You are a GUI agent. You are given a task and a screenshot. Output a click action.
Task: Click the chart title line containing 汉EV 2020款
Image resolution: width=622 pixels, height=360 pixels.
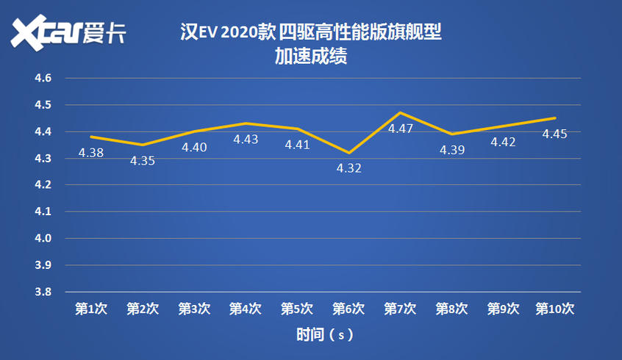pos(310,33)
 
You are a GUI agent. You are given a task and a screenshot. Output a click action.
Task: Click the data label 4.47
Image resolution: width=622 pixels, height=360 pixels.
pos(400,129)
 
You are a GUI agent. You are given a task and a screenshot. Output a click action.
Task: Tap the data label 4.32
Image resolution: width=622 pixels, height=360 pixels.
pos(348,168)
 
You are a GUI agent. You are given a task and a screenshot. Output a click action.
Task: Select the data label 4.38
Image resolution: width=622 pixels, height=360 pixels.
pos(91,153)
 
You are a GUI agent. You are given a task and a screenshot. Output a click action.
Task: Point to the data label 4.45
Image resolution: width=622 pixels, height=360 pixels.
pos(554,134)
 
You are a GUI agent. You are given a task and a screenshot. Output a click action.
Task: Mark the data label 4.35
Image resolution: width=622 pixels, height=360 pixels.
pos(143,160)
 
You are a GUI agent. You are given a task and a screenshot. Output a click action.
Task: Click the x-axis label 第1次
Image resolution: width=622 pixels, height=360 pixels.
pos(91,309)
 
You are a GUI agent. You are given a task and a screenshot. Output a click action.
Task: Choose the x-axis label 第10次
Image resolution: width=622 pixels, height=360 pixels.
pos(554,309)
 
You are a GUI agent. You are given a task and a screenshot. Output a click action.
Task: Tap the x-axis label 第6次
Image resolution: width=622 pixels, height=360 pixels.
pos(348,309)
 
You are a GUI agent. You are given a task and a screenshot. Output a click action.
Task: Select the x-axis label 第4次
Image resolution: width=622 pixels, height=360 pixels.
pos(246,309)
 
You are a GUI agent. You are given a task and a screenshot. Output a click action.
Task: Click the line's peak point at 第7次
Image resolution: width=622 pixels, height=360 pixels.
pos(400,112)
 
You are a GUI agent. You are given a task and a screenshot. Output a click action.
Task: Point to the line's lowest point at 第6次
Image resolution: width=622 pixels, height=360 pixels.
pos(348,153)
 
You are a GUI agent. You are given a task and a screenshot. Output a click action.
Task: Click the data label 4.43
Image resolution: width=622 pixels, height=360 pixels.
pos(246,139)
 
